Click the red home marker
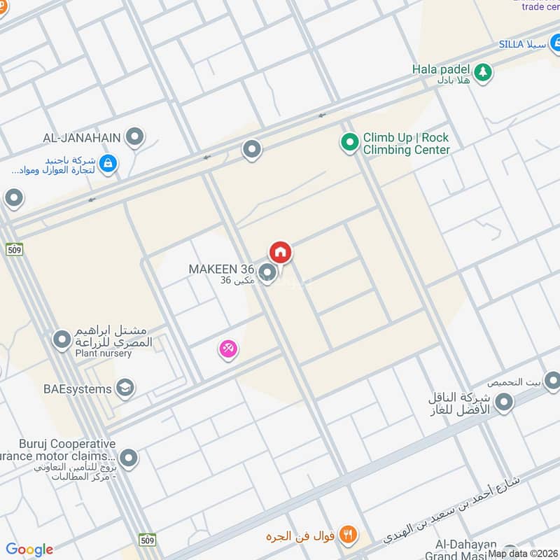280,252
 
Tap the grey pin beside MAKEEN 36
267,272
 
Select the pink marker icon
228,348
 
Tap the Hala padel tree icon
482,71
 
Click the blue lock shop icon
108,164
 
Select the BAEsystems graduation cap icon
125,388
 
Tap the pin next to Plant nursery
62,340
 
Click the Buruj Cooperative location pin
128,459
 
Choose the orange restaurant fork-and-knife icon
346,535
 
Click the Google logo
29,549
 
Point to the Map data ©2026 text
524,554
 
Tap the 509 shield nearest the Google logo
147,540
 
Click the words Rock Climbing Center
405,150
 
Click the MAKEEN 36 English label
221,269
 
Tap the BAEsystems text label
77,388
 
